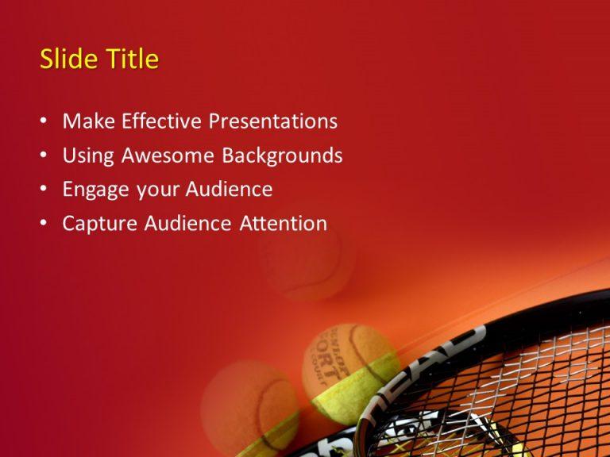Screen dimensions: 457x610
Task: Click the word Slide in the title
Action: tap(64, 60)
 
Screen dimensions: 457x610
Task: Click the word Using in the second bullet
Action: tap(88, 156)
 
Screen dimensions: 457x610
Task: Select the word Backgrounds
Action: tap(282, 156)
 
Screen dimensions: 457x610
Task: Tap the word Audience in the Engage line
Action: tap(229, 190)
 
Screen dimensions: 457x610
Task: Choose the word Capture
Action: tap(100, 224)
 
